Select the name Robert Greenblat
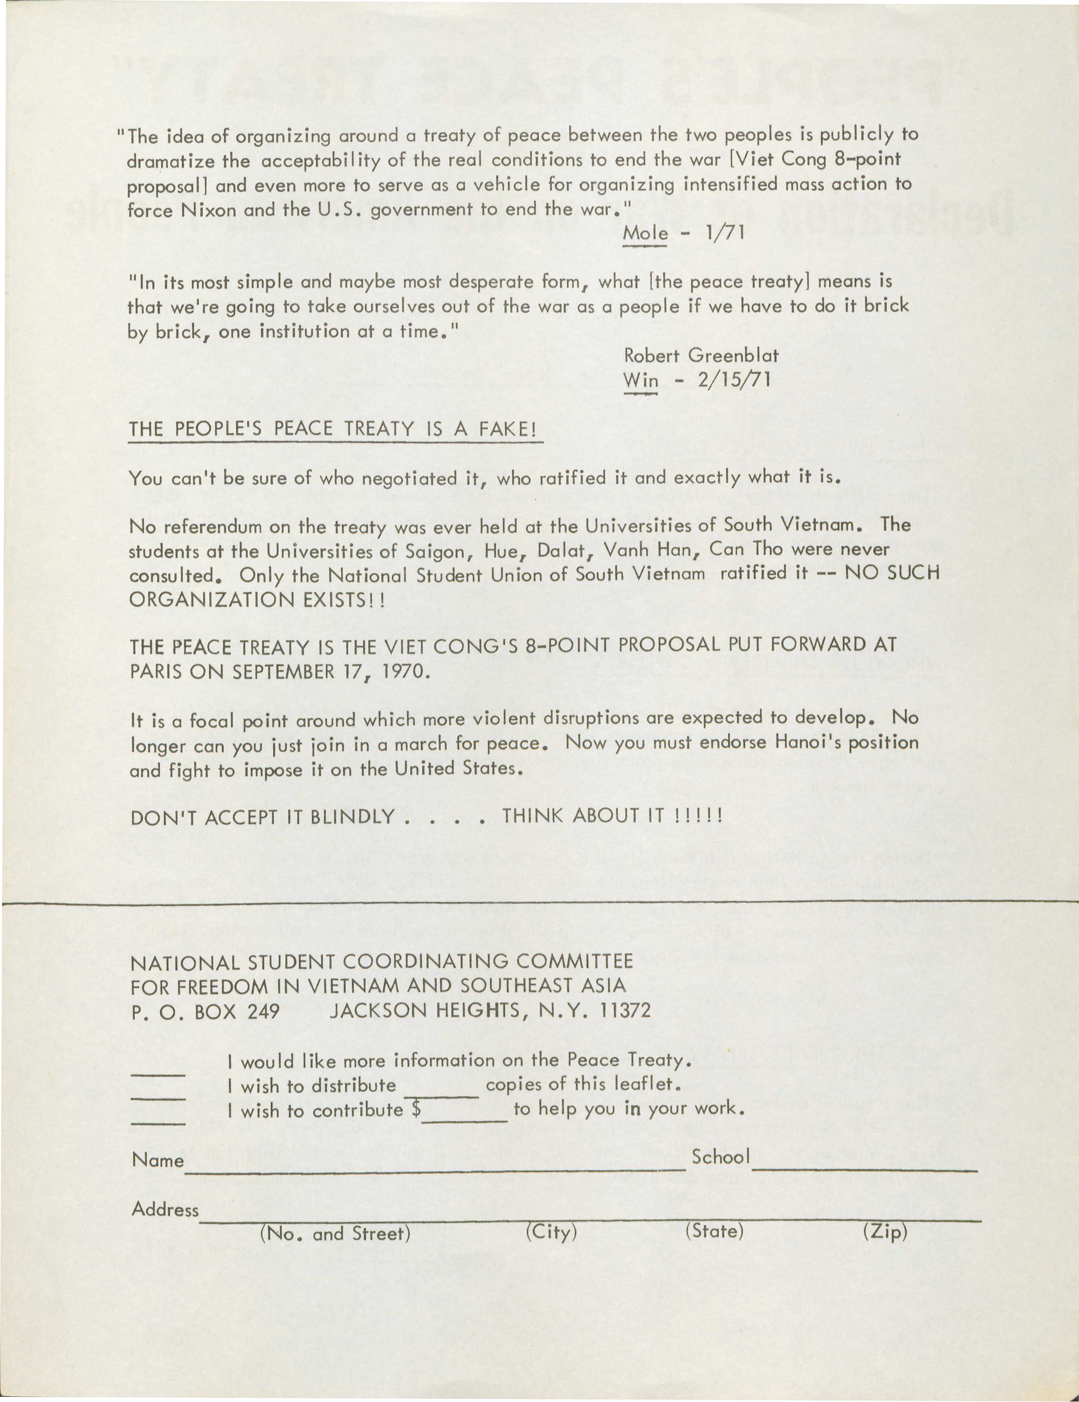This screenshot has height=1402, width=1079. [x=700, y=355]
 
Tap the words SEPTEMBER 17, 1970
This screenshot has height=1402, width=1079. [x=328, y=671]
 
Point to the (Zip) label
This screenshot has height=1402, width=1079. [x=885, y=1231]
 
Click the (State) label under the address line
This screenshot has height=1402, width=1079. [x=714, y=1231]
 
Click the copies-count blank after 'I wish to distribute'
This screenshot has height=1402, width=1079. [x=441, y=1095]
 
